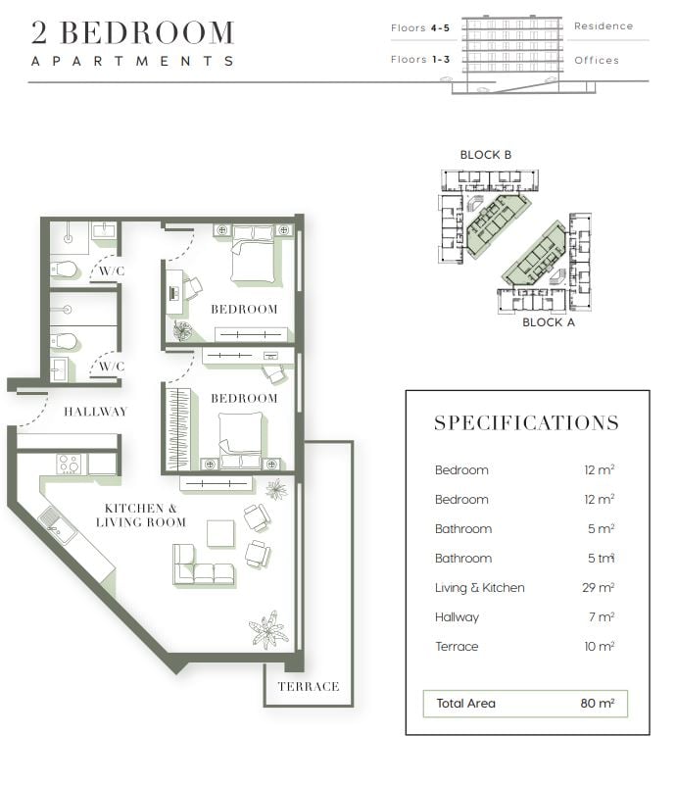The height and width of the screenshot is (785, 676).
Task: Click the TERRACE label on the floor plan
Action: (309, 686)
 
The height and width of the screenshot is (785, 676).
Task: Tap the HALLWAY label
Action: (96, 412)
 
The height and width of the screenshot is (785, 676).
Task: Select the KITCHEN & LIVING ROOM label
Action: (141, 515)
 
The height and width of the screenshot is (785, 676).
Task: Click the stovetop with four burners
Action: (69, 464)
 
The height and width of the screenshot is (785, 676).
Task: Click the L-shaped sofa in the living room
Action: (203, 565)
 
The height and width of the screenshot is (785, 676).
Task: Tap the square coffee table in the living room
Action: (220, 534)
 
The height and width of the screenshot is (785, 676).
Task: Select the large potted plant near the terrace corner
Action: (269, 630)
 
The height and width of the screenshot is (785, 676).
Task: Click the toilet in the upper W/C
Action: (65, 269)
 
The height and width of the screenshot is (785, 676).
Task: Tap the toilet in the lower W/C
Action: (65, 341)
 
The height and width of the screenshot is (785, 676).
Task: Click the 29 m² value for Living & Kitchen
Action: (598, 587)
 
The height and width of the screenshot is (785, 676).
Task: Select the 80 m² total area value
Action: (598, 703)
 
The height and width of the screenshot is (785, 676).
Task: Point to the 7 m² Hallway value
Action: (602, 616)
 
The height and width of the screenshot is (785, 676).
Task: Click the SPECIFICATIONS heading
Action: (526, 423)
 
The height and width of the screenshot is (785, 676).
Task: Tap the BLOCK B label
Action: (486, 155)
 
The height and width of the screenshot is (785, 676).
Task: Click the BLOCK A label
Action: (549, 322)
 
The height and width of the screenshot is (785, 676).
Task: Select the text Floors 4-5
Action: (420, 28)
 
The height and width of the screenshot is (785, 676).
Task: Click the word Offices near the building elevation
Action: (597, 60)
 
